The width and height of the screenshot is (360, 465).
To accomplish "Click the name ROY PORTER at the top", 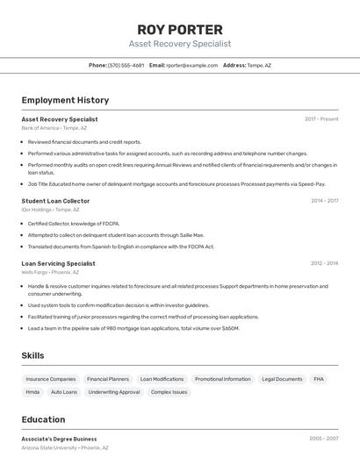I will pyautogui.click(x=180, y=29).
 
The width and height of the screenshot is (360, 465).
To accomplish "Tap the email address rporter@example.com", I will pyautogui.click(x=192, y=65).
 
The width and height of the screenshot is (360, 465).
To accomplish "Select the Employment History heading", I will pyautogui.click(x=65, y=100).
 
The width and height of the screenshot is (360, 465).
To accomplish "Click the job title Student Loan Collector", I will pyautogui.click(x=55, y=201).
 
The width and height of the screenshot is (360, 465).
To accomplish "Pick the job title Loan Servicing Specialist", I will pyautogui.click(x=58, y=263).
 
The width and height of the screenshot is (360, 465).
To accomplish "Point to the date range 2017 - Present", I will pyautogui.click(x=321, y=119).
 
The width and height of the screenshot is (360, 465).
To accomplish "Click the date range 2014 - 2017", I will pyautogui.click(x=324, y=201).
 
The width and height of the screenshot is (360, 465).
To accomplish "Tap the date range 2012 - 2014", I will pyautogui.click(x=324, y=263).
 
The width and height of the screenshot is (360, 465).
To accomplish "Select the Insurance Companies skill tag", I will pyautogui.click(x=51, y=379).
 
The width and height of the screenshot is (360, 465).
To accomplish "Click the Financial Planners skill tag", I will pyautogui.click(x=108, y=379).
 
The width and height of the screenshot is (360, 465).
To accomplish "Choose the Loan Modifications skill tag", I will pyautogui.click(x=162, y=379).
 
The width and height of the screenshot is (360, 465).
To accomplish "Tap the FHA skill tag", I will pyautogui.click(x=319, y=379).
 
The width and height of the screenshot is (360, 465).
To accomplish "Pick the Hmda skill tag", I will pyautogui.click(x=32, y=392).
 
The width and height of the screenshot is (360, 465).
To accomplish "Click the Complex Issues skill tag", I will pyautogui.click(x=169, y=392).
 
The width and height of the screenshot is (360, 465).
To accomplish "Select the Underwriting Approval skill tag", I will pyautogui.click(x=114, y=392).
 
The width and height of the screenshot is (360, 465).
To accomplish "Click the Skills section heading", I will pyautogui.click(x=32, y=355).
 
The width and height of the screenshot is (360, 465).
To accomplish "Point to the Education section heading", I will pyautogui.click(x=43, y=419).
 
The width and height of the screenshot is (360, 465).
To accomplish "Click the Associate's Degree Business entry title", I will pyautogui.click(x=59, y=439).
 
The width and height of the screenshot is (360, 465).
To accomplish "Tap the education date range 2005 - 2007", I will pyautogui.click(x=324, y=439).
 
